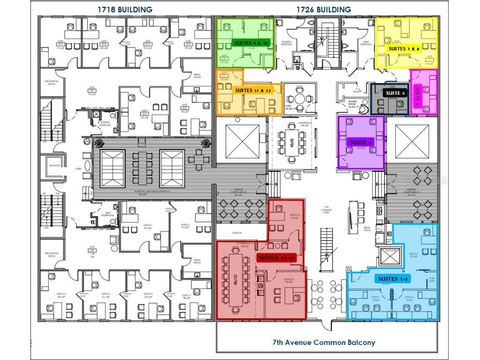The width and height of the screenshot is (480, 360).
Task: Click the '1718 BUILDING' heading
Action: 125,9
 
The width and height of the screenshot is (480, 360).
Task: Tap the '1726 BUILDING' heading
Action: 323,9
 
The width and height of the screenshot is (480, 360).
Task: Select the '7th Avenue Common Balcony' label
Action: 324,342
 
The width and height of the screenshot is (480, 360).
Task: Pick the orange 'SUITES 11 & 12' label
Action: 253,90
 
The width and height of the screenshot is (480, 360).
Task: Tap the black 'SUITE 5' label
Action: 394,93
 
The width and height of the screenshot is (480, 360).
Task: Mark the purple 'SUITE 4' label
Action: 361,142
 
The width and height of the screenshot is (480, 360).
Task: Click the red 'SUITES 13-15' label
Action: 277,258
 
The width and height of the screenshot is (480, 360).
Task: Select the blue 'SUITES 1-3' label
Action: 392,279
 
